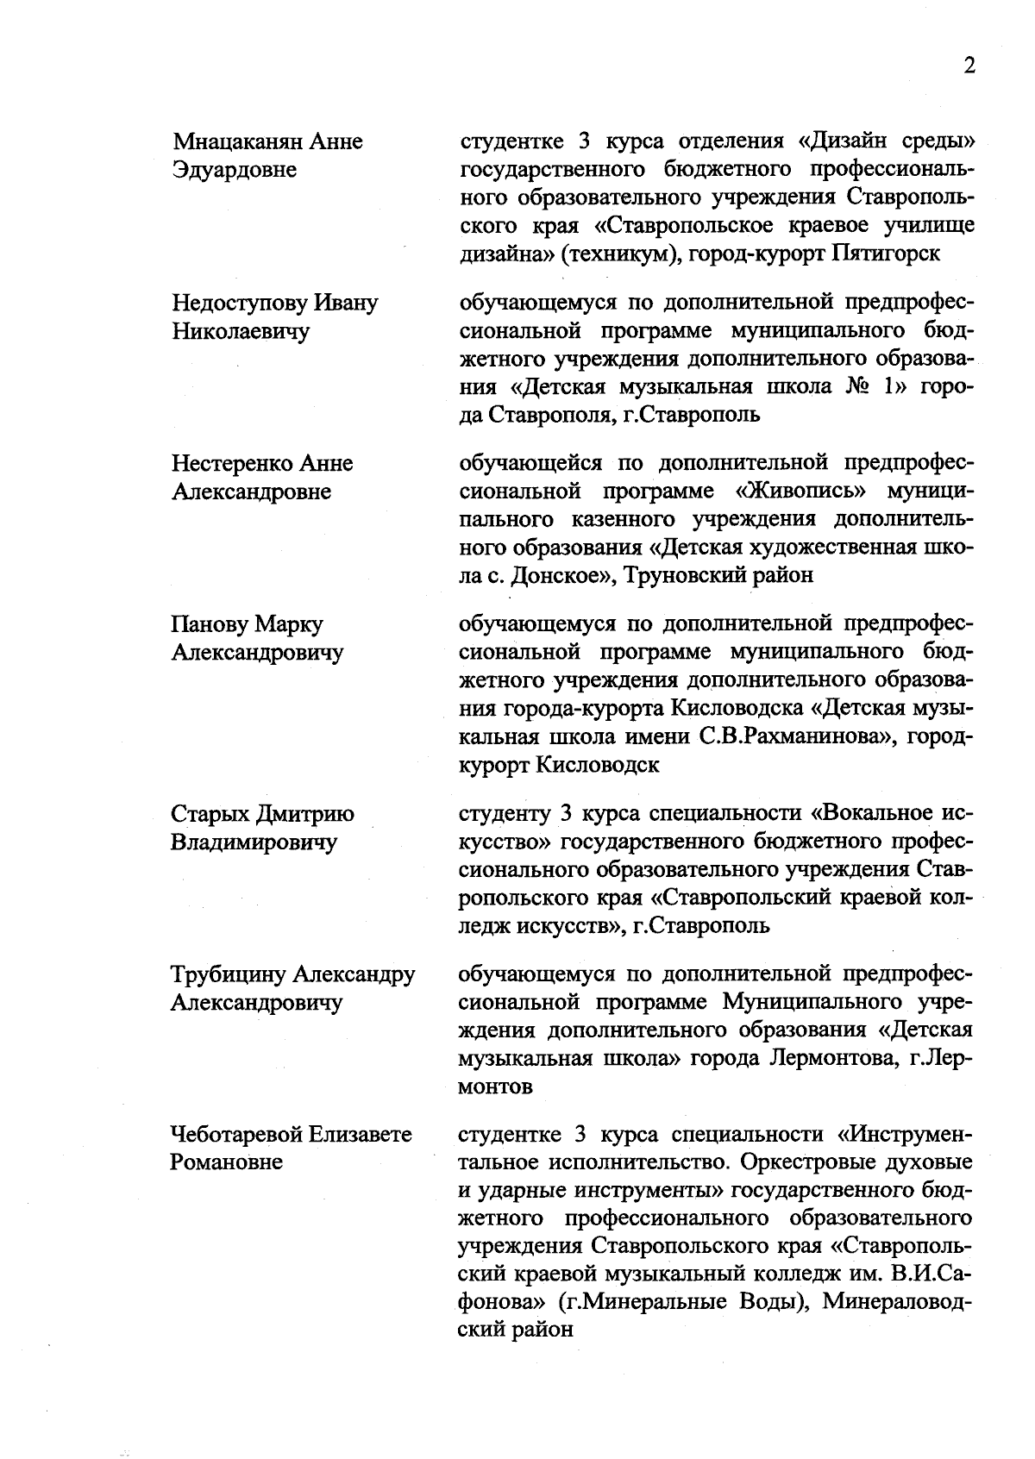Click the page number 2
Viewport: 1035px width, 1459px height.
pos(969,67)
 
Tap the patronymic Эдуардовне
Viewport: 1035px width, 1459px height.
pos(234,170)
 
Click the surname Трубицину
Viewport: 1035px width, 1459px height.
pos(228,974)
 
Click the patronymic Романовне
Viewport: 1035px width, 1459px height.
pos(227,1162)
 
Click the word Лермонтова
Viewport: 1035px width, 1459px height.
pos(831,1058)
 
